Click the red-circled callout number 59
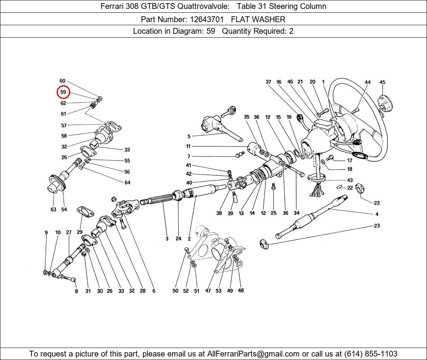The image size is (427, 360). pos(63,92)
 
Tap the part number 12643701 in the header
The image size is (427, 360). pos(207,19)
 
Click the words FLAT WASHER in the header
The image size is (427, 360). pos(258,19)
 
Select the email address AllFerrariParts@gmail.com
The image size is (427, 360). pos(253,354)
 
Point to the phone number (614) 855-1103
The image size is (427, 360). pos(371,354)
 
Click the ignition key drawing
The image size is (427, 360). pos(228,111)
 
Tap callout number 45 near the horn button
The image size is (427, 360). pos(382,82)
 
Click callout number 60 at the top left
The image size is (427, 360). pos(62,81)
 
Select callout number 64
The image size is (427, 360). pos(127,183)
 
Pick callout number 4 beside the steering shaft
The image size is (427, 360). pos(377,214)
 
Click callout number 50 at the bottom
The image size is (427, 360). pos(175,291)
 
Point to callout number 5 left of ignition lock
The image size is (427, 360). pos(189,136)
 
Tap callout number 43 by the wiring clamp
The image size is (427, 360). pos(350,180)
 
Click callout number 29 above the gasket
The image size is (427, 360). pos(80,232)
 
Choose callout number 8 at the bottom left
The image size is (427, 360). pos(76,291)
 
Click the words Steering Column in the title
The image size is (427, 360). pos(298,6)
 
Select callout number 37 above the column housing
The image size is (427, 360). pos(269,82)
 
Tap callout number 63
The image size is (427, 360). pos(54,209)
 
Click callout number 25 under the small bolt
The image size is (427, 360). pos(274,213)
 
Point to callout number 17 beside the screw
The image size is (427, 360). pos(350,161)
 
